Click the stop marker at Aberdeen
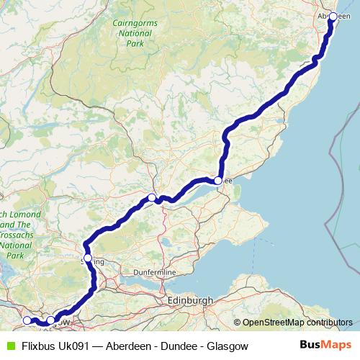tap(333, 16)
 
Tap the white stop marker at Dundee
tap(218, 181)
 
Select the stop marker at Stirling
tap(88, 258)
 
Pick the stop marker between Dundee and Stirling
tap(152, 197)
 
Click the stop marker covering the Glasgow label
tap(51, 320)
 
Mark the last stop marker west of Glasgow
tap(27, 320)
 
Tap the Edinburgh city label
tap(189, 299)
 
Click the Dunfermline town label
tap(155, 274)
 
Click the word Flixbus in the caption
tap(39, 346)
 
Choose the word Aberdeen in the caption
tap(127, 346)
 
